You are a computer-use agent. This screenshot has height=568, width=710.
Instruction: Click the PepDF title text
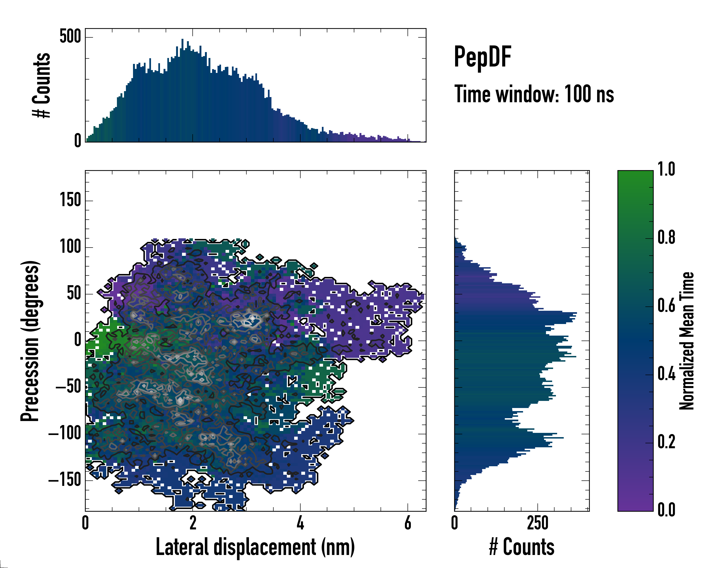[x=482, y=57]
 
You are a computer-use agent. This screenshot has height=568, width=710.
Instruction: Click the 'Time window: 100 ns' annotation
[x=534, y=94]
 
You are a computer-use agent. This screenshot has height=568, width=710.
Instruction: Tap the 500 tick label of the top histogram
[x=70, y=36]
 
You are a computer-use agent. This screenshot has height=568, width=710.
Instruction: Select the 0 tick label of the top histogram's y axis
[x=77, y=141]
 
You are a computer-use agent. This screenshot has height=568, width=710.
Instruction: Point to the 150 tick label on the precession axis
[x=70, y=200]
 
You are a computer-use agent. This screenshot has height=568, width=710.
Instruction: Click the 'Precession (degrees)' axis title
[x=30, y=341]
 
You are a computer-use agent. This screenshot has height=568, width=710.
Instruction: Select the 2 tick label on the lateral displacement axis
[x=193, y=523]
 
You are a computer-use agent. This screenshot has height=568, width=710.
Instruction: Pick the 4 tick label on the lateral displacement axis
[x=300, y=523]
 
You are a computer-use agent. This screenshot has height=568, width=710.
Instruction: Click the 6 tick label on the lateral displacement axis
[x=408, y=523]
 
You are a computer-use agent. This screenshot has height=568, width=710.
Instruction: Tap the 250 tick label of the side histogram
[x=537, y=523]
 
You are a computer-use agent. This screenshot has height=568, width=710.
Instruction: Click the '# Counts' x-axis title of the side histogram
[x=522, y=547]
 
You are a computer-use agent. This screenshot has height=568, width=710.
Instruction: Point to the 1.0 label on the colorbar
[x=666, y=170]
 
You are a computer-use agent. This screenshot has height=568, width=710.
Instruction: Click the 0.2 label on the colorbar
[x=666, y=442]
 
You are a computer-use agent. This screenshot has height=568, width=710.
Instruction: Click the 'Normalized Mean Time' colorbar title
[x=687, y=341]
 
